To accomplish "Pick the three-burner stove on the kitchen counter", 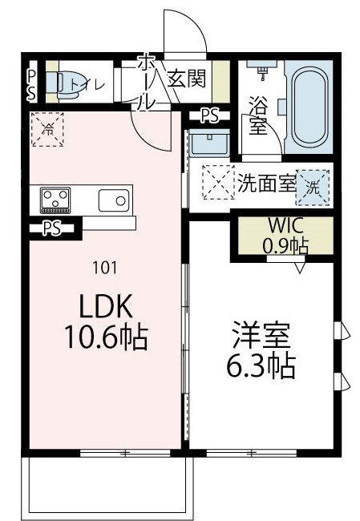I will (x=55, y=198).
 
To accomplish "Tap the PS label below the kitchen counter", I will (x=52, y=228).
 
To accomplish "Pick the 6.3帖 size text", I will (x=261, y=366).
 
